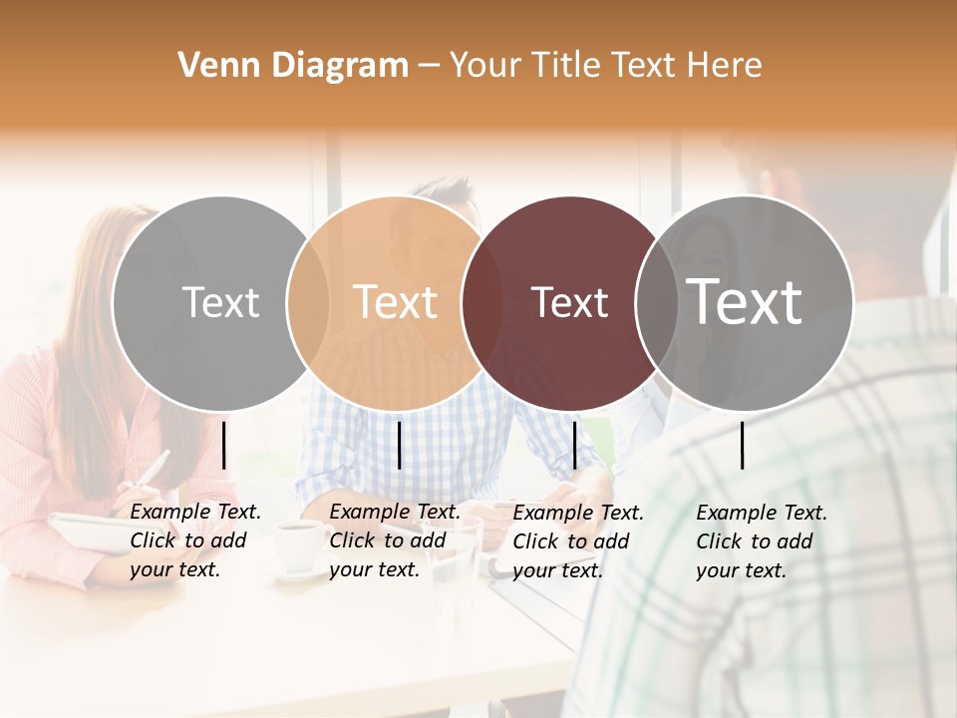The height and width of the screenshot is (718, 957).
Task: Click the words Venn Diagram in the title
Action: coord(293,66)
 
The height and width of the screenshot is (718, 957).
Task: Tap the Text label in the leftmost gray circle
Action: coord(220,303)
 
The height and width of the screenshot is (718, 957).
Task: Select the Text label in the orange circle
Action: coord(396,303)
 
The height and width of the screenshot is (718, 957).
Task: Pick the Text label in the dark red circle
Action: coord(570,303)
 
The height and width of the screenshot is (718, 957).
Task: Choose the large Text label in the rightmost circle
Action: coord(745,301)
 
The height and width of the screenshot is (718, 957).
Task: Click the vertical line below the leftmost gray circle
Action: coord(224,445)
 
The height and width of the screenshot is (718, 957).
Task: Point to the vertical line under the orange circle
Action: coord(399,445)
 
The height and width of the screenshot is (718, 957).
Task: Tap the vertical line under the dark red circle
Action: coord(574,445)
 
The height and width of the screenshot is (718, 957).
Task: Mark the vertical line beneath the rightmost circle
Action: coord(743,445)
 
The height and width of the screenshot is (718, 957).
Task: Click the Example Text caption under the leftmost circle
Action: coord(195,540)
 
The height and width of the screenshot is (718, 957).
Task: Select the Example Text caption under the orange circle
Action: coord(395,540)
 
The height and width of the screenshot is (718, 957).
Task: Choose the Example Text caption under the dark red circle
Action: coord(578,541)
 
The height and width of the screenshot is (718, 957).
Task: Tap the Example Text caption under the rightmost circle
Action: coord(762,541)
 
